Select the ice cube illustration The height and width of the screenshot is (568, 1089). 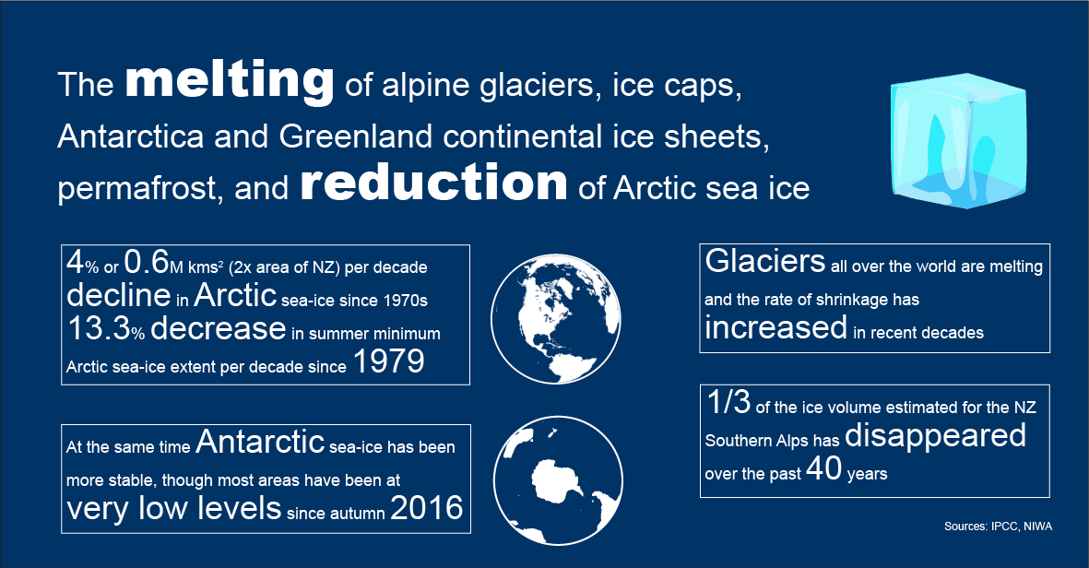[x=958, y=141]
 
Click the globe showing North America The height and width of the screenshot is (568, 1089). [x=556, y=319]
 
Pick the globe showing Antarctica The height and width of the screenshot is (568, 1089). [x=558, y=480]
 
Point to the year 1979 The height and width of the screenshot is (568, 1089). [x=388, y=361]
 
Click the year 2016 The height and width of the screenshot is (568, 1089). [x=426, y=507]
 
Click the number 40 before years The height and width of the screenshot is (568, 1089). [x=823, y=468]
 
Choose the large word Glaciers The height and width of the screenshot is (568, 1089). [x=764, y=260]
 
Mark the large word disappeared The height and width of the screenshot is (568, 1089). [x=935, y=436]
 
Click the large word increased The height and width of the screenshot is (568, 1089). [x=775, y=327]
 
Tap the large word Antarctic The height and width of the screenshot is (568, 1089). [x=260, y=442]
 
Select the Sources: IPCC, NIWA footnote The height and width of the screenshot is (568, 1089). [x=998, y=527]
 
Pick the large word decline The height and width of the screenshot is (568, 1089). [x=119, y=294]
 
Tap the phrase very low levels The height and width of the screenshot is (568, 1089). [x=174, y=507]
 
